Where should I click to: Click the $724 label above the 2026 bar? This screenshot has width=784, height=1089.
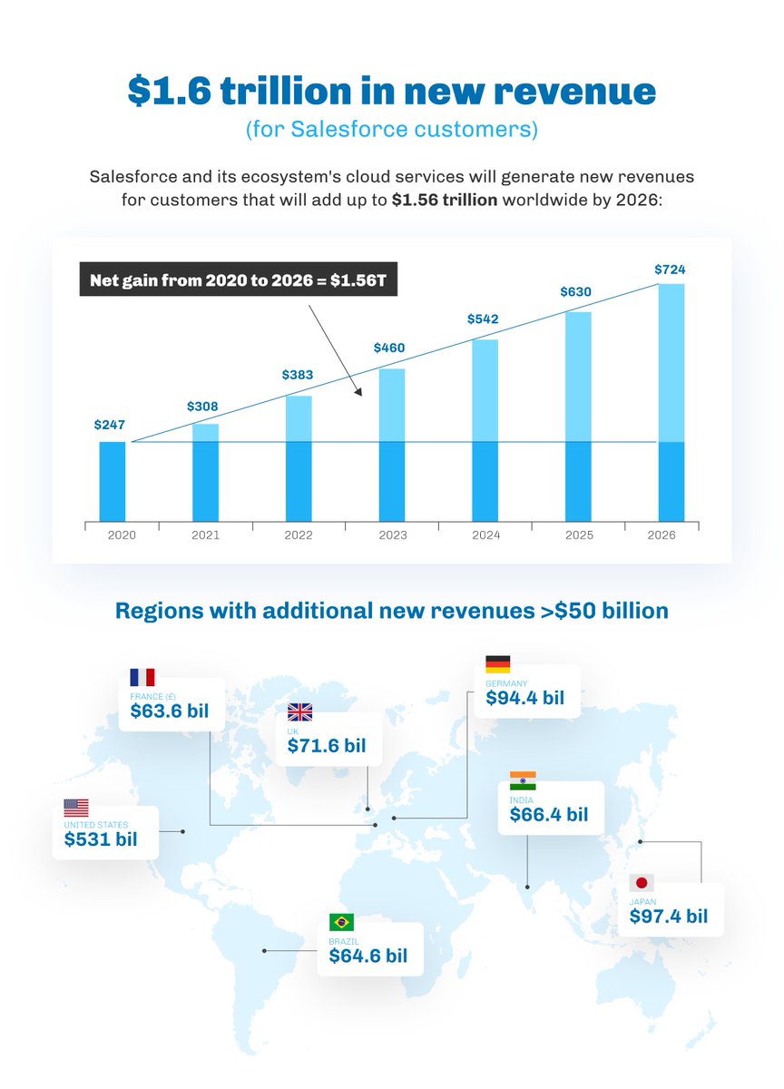(671, 270)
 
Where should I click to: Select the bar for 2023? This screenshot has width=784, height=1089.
(392, 445)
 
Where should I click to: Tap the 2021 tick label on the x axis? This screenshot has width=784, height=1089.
(205, 535)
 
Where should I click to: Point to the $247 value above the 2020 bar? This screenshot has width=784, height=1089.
(109, 424)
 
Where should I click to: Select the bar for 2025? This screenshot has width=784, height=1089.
(578, 417)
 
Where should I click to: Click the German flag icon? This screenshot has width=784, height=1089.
(498, 664)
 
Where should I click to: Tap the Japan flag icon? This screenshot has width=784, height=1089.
(642, 883)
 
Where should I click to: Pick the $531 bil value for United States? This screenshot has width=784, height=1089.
(100, 839)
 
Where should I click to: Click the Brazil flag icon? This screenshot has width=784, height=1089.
(342, 922)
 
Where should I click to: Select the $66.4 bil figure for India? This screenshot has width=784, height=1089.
(548, 814)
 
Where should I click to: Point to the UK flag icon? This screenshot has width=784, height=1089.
(299, 712)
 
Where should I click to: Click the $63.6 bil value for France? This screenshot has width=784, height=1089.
(170, 710)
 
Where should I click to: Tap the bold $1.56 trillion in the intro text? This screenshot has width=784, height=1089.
(445, 200)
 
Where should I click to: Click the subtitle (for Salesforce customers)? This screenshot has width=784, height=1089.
(392, 129)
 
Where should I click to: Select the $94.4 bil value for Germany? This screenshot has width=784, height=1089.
(524, 698)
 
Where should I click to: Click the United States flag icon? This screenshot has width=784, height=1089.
(76, 807)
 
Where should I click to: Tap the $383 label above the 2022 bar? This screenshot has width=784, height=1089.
(298, 374)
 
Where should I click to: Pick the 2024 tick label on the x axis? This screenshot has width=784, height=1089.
(485, 535)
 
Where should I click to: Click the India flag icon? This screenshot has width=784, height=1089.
(523, 780)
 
